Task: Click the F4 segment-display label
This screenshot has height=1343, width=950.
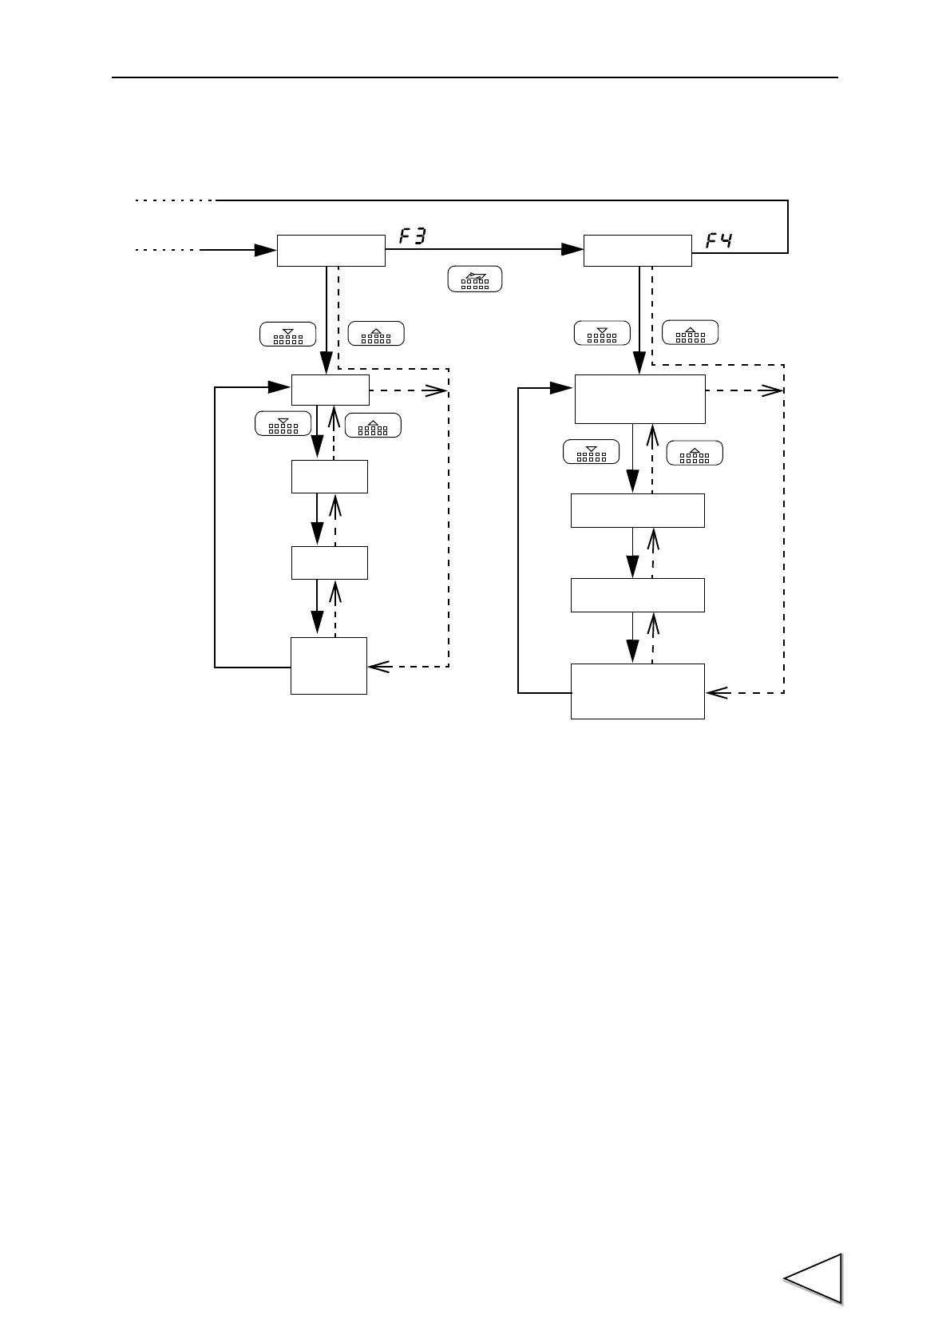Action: click(718, 239)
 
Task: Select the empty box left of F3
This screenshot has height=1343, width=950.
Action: click(331, 251)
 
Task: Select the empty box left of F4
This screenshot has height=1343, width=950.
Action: click(637, 251)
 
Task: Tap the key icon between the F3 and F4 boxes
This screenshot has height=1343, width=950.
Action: click(475, 279)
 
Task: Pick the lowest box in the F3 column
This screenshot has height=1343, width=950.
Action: click(328, 665)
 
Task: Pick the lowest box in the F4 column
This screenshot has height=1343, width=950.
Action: click(637, 691)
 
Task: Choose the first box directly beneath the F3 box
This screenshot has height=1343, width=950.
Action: click(330, 390)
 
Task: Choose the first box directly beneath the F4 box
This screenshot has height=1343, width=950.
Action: click(639, 398)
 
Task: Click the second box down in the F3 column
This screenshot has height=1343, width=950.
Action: click(329, 477)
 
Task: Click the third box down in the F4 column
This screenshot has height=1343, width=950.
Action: click(637, 595)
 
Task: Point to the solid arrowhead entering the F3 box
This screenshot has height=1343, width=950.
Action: click(266, 250)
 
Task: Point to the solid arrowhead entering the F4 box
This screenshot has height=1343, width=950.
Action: click(572, 250)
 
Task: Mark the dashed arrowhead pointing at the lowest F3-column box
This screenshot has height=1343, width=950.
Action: click(378, 666)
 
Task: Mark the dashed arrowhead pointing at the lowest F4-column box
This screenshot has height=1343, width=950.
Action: click(716, 692)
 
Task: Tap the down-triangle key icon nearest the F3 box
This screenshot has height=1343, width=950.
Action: click(287, 335)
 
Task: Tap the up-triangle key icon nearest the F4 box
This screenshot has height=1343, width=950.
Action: click(691, 332)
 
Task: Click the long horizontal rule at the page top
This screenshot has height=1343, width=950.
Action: click(474, 77)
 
